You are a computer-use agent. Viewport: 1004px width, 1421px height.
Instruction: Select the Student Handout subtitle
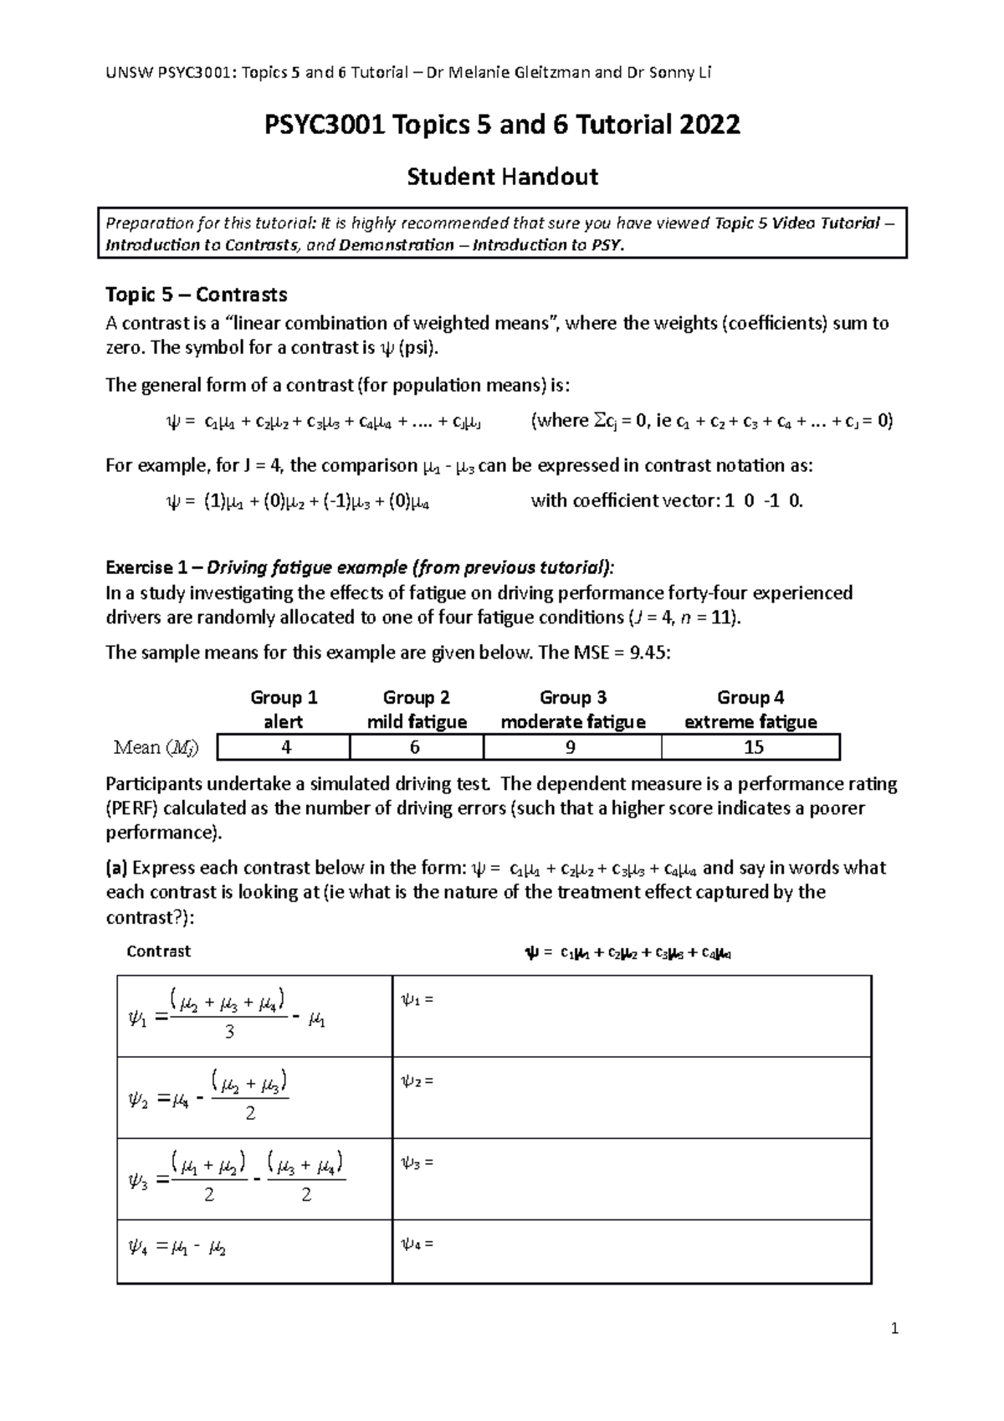[502, 177]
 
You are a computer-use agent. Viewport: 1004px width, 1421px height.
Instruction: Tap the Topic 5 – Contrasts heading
[196, 295]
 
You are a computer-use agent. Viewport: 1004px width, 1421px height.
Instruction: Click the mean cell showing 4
[286, 747]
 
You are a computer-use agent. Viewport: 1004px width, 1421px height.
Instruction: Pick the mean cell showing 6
[415, 747]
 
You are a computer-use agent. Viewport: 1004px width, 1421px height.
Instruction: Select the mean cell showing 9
[571, 747]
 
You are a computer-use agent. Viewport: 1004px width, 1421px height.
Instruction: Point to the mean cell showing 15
[753, 747]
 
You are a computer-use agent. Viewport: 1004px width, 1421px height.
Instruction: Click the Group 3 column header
[572, 698]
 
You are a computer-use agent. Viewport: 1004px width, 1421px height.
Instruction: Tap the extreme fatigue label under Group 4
[750, 722]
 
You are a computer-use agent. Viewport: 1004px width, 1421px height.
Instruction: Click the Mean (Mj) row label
[156, 748]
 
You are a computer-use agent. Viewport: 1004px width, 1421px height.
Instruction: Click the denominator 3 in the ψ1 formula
[229, 1033]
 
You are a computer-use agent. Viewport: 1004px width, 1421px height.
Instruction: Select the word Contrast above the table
[158, 952]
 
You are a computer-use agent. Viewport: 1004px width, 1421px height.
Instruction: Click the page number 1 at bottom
[894, 1328]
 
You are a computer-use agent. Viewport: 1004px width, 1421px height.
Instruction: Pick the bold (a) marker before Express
[117, 868]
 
